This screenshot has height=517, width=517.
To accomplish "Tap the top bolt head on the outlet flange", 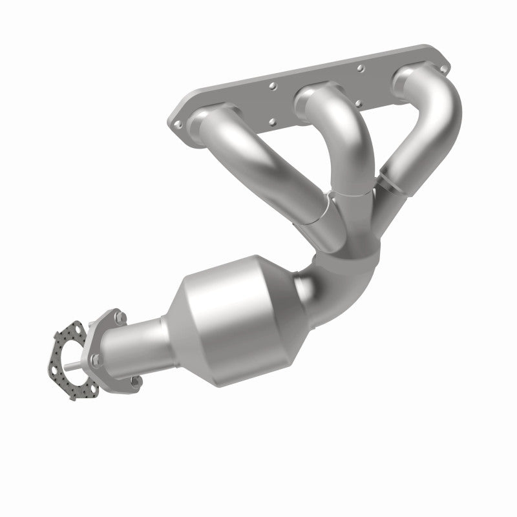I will pos(120,317).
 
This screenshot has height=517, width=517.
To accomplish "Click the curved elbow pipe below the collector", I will pos(336,284).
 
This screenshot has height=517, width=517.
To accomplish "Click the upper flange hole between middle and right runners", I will pos(361,68).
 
